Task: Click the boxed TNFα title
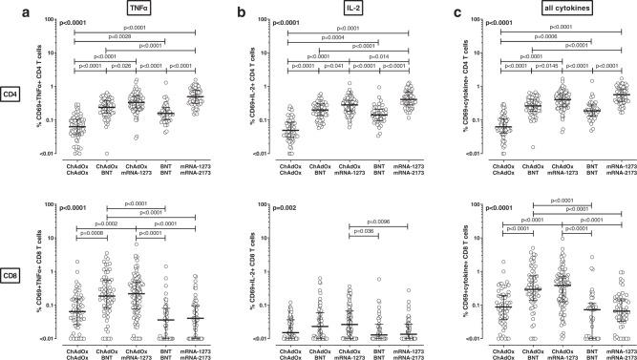click(126, 8)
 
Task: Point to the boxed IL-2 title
click(341, 8)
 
